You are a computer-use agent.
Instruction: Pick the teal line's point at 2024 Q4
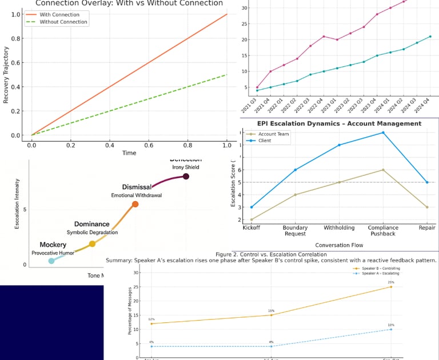click(430, 37)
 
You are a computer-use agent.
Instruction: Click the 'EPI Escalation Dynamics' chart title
click(339, 123)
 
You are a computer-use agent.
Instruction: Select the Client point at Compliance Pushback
click(383, 133)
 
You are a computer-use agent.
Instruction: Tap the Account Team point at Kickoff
click(252, 219)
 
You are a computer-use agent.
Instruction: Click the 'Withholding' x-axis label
click(339, 227)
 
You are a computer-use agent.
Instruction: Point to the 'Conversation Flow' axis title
click(338, 245)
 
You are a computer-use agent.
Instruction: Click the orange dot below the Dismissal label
click(135, 204)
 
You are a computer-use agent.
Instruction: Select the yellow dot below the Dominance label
click(92, 244)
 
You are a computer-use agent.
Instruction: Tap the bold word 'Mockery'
click(53, 245)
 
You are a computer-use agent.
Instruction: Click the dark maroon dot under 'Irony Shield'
click(186, 177)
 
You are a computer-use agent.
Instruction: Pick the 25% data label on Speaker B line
click(391, 282)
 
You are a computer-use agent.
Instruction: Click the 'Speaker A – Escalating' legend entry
click(378, 274)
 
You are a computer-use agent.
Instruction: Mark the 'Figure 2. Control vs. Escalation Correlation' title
click(271, 254)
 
